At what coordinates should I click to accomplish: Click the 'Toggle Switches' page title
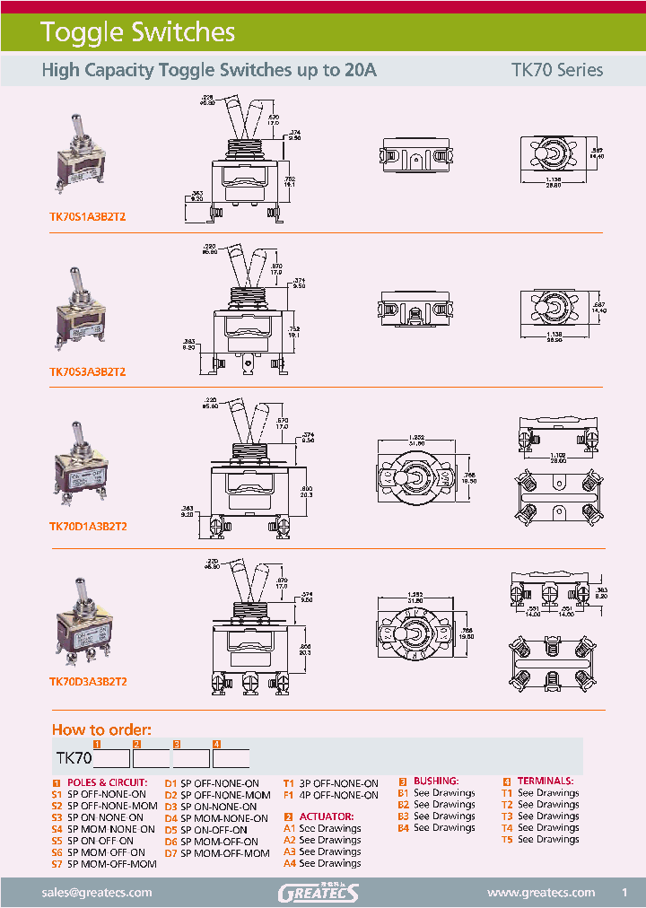[x=137, y=33]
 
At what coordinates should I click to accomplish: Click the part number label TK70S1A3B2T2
[x=87, y=216]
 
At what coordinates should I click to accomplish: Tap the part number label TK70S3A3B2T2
[x=87, y=371]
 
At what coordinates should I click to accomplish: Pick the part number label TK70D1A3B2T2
[x=87, y=527]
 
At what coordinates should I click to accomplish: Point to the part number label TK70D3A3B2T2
[x=87, y=681]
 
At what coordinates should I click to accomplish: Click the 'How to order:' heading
[x=101, y=729]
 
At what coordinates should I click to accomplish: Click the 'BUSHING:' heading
[x=435, y=781]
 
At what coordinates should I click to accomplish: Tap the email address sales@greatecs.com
[x=97, y=893]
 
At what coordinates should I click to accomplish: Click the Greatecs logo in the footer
[x=319, y=893]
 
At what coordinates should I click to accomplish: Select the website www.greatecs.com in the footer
[x=540, y=893]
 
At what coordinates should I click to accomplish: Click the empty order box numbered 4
[x=231, y=758]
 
